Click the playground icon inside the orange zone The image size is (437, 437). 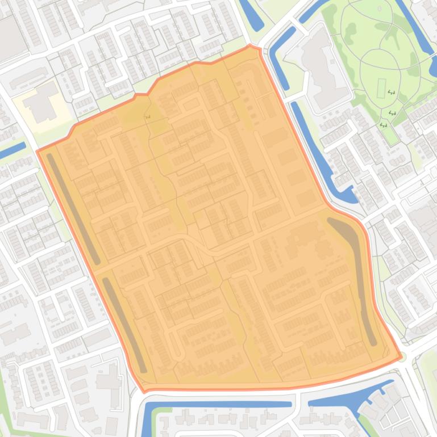coord(148,117)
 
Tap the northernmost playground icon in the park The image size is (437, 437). coord(390,91)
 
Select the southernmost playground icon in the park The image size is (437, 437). coord(384,125)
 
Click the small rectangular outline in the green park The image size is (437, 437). coord(381,88)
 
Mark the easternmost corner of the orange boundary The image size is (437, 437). coord(401,357)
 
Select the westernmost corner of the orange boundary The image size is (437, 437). coord(38,151)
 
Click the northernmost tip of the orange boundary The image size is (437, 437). coord(250,45)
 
